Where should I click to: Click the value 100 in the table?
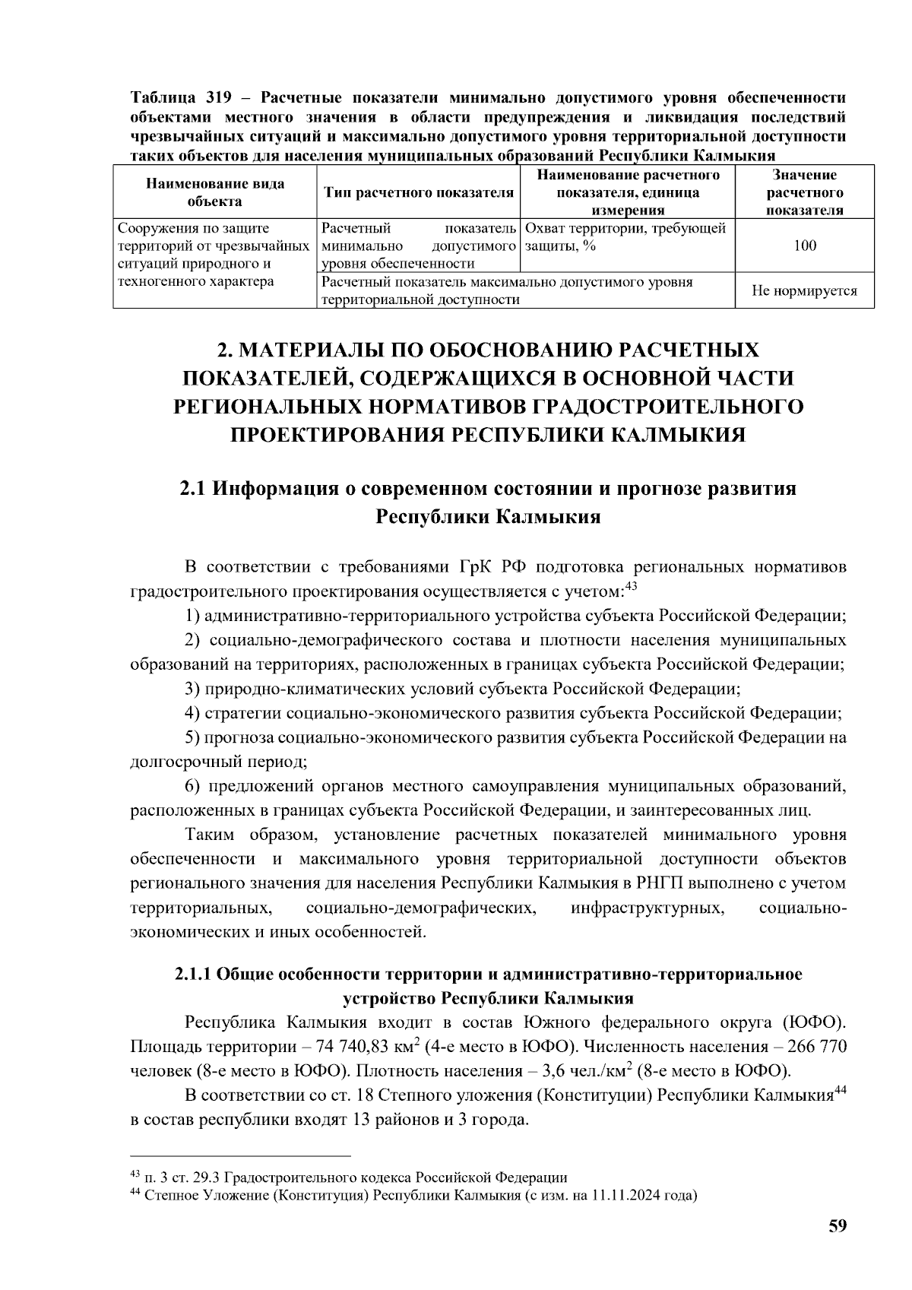coord(804,246)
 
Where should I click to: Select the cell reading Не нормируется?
coord(804,290)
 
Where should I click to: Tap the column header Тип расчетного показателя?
coord(419,193)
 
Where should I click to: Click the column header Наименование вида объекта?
coord(215,193)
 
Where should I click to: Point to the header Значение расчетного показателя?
coord(804,193)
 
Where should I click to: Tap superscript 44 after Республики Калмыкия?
coord(841,1091)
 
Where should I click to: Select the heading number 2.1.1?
coord(193,975)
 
